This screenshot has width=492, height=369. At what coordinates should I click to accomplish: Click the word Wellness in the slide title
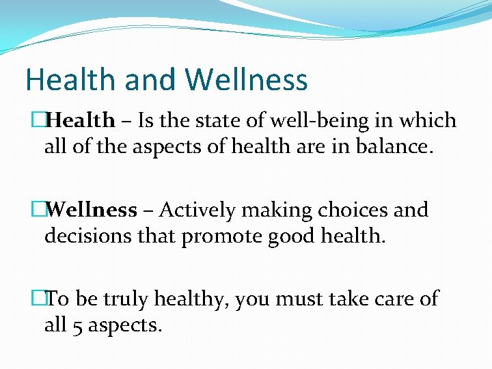[247, 80]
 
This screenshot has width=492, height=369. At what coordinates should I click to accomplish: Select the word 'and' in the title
[144, 80]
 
